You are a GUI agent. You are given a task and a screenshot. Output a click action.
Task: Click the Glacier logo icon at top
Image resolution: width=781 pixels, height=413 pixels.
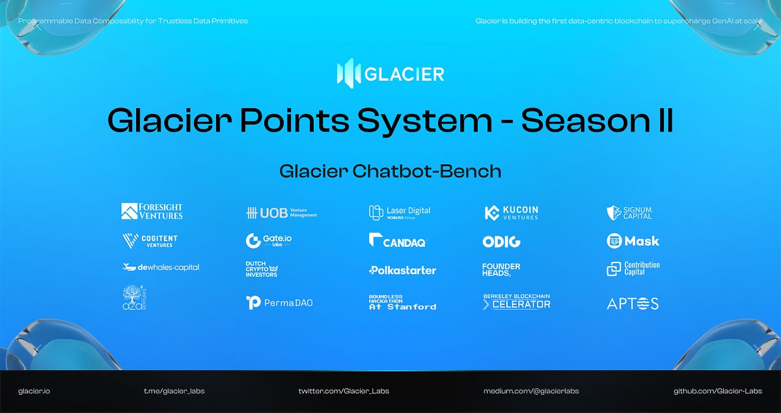point(348,74)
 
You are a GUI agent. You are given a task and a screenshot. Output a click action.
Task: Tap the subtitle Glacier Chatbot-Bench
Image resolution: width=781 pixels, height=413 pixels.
point(390,171)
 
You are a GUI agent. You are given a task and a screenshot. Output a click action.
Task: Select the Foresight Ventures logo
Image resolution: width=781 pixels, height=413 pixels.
point(152,211)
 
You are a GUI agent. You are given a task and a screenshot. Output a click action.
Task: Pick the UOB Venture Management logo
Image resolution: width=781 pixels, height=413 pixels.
point(281,213)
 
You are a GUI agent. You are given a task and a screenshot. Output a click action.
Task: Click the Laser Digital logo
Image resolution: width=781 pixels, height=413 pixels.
point(400,212)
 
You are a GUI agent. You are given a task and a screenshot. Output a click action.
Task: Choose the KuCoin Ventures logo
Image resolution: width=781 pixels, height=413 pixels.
point(512,213)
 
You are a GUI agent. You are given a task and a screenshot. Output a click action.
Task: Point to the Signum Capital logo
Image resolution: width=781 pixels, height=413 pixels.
point(629,212)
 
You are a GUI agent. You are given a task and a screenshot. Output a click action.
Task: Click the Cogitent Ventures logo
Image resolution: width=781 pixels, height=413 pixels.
point(150,241)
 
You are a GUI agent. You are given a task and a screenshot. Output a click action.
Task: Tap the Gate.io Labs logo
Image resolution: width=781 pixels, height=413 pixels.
point(269,240)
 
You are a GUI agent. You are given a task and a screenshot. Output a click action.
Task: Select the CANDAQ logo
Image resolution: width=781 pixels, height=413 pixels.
point(397,241)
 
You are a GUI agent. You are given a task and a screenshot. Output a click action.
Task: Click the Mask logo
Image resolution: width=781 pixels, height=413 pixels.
point(633,241)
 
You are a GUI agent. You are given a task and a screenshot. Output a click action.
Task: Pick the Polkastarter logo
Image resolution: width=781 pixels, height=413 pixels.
point(402,270)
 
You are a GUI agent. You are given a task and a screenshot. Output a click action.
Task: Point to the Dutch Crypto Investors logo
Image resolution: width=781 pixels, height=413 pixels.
point(262,270)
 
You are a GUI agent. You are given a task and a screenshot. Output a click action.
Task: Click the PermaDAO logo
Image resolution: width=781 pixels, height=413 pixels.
point(279,302)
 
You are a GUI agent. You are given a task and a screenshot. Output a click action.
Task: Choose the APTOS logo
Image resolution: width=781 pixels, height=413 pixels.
point(633,304)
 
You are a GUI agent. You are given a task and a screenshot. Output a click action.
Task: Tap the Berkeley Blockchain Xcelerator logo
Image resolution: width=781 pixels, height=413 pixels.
point(516,302)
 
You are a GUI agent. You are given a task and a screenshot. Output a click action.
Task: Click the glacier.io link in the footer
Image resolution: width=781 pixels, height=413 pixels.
point(34,391)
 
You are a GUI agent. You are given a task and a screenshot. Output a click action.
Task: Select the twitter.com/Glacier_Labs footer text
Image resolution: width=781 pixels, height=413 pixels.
point(344,391)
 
